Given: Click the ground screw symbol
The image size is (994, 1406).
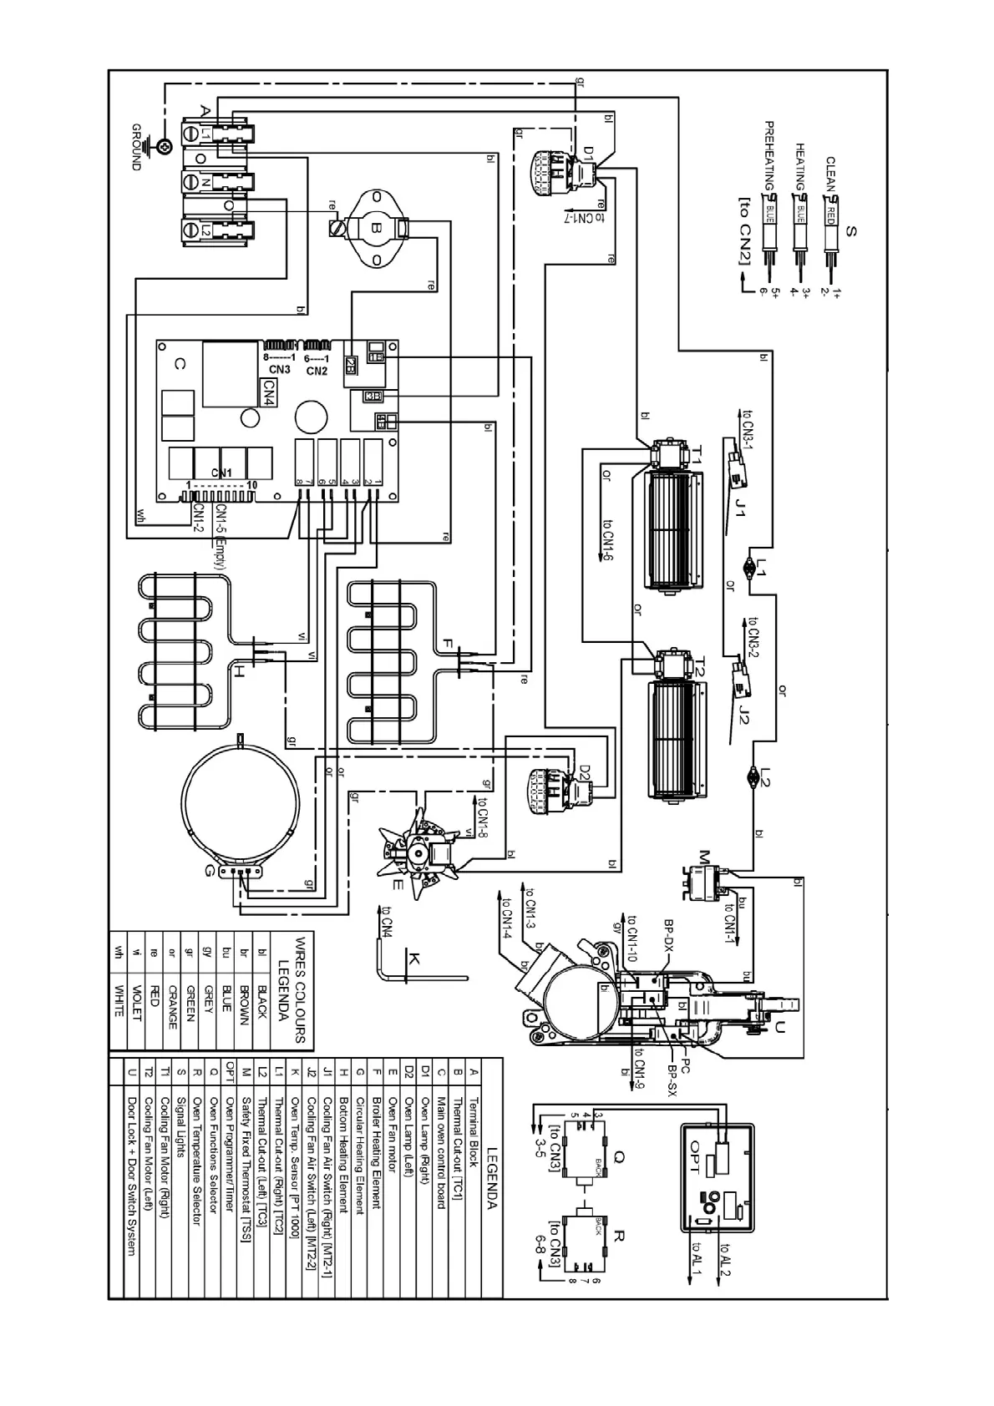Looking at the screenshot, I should pos(166,147).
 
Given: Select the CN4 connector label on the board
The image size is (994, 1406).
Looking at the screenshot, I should pos(269,391).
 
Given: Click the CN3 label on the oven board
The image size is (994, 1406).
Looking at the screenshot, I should pos(279,370).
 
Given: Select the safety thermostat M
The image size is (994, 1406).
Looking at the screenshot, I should pos(704,883).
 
